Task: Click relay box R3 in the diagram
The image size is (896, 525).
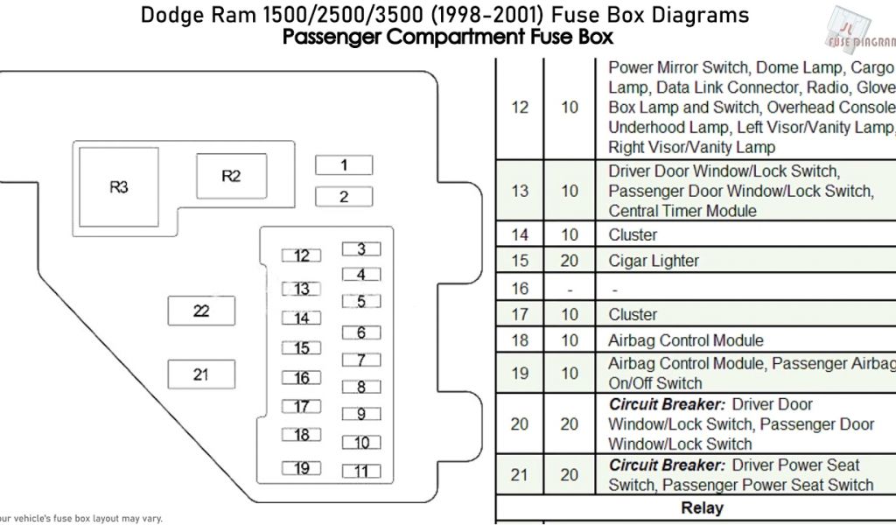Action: (x=119, y=187)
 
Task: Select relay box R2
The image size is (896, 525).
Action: (x=230, y=176)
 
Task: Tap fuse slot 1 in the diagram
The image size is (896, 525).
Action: (x=344, y=165)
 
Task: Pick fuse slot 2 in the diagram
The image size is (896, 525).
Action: (x=344, y=197)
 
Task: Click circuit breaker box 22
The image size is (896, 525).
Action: (x=201, y=311)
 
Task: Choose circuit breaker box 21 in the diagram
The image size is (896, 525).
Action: (x=201, y=374)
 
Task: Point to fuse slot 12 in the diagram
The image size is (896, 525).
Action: (x=302, y=255)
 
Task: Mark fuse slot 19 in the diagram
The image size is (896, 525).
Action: (x=302, y=468)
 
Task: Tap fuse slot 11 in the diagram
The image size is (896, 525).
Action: (x=360, y=471)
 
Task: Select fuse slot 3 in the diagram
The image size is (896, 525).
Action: (x=360, y=249)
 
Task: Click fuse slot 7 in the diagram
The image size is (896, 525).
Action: (x=360, y=360)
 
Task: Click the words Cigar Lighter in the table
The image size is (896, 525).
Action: (x=654, y=261)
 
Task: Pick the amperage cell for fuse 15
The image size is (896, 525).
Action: (x=570, y=261)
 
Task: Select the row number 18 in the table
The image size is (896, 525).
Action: (x=520, y=340)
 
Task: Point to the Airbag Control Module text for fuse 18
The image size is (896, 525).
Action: (x=685, y=340)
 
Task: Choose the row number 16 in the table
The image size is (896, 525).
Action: (x=520, y=289)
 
